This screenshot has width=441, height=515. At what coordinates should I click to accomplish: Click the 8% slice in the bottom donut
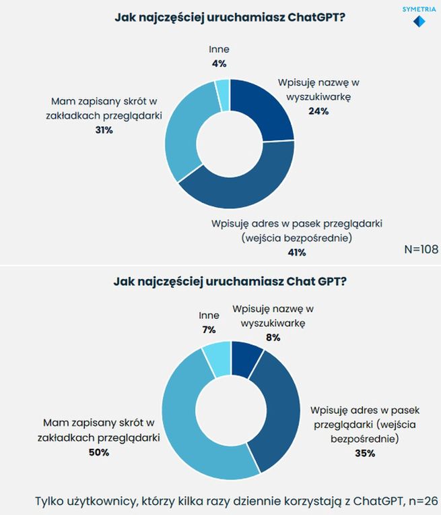coord(245,354)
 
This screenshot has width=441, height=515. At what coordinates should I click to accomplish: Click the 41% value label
coord(296,253)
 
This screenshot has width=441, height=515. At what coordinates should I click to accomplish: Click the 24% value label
coord(318,111)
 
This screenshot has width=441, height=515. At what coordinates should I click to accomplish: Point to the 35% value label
coord(364,454)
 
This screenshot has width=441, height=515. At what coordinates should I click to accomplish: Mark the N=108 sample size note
coord(421,249)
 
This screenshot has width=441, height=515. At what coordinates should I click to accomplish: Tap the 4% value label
coord(218,64)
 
